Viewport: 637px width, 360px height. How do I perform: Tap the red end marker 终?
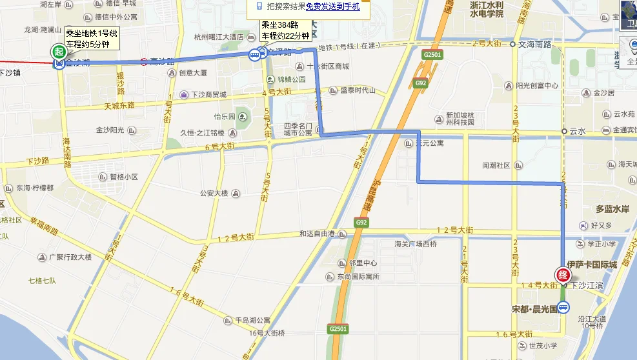point(562,273)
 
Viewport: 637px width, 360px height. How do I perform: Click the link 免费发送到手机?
point(332,6)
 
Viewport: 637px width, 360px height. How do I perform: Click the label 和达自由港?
point(318,234)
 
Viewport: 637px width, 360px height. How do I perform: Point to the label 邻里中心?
point(363,263)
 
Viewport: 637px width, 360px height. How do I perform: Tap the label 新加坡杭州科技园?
point(460,118)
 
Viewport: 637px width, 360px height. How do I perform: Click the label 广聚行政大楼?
point(70,257)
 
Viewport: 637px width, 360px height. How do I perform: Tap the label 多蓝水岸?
point(612,209)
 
